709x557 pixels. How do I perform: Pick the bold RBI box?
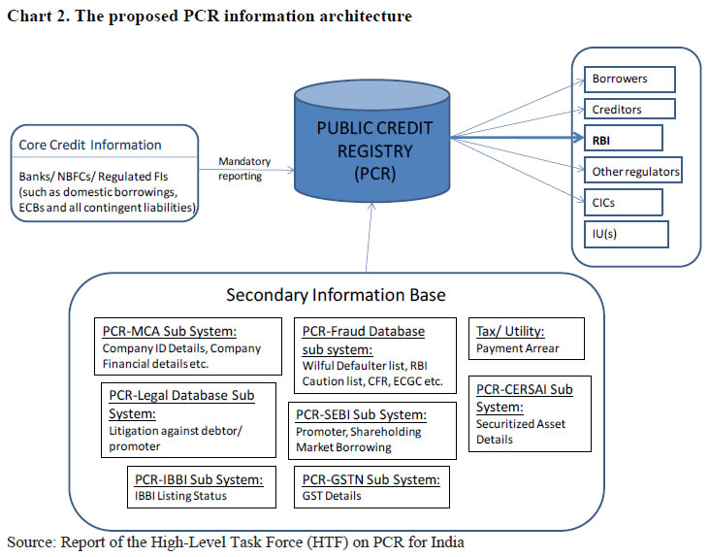tap(624, 139)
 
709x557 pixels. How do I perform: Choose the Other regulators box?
tap(635, 172)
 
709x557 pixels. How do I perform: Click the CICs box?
tap(624, 202)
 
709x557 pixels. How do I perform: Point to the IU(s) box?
tap(626, 234)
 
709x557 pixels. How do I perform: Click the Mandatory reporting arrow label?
tap(244, 168)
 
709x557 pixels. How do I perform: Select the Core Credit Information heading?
tap(90, 145)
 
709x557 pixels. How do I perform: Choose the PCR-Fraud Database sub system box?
tap(374, 354)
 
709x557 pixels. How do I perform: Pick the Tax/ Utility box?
tap(527, 340)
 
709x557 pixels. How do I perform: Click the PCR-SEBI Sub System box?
tap(372, 431)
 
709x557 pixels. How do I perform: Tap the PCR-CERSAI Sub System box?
tap(530, 414)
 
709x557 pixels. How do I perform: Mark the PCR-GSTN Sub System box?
tap(371, 486)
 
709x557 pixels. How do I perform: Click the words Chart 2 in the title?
tap(35, 16)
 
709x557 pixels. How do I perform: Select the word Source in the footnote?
tap(30, 541)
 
